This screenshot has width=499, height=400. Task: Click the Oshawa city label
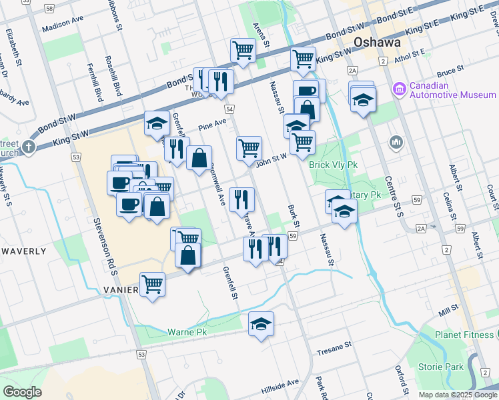378,42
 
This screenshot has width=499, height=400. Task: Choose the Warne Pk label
187,331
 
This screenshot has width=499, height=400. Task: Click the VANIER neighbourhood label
121,290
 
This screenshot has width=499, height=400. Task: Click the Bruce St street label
450,69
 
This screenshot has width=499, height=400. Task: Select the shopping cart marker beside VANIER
152,284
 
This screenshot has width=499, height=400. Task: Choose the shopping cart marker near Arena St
243,49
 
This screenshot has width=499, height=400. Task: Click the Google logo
22,392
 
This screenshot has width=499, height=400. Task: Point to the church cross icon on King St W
29,146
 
